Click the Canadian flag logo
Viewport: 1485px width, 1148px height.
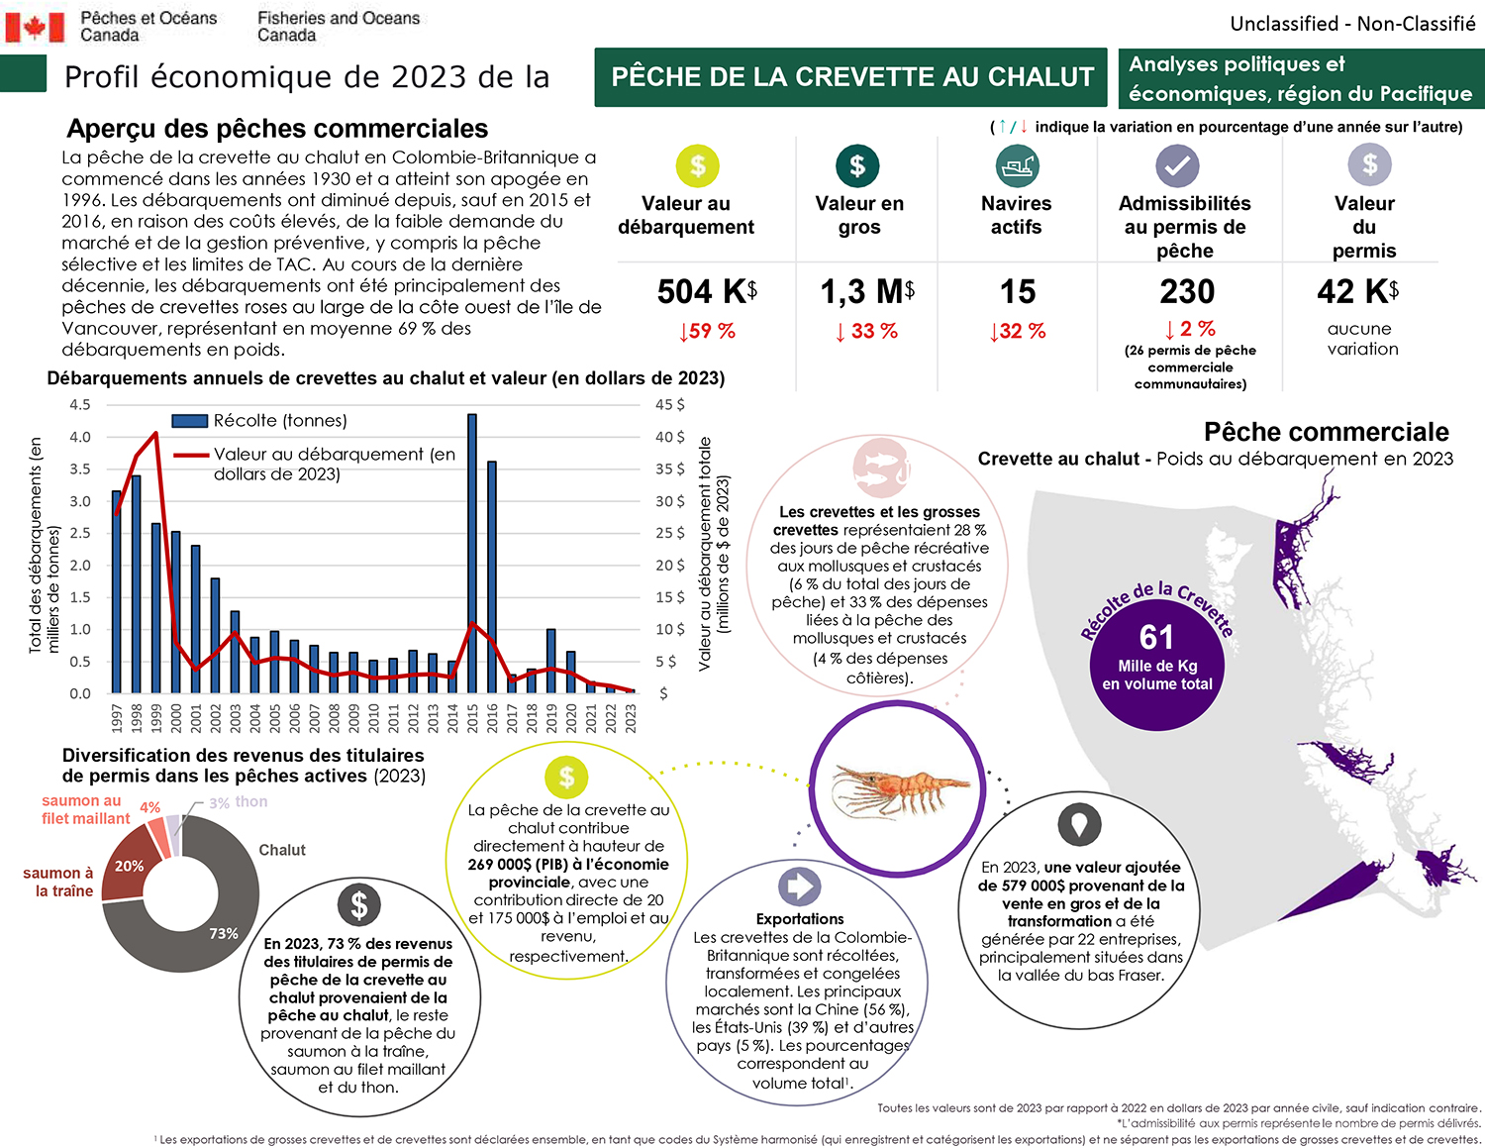point(35,27)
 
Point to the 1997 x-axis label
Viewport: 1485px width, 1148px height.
point(117,718)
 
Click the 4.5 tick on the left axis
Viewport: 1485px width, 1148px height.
point(79,405)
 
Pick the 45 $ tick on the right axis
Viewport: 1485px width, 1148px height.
point(669,405)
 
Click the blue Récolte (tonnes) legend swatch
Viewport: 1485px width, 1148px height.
point(189,421)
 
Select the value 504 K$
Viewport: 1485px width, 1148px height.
point(707,292)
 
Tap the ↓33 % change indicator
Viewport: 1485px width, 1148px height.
point(866,332)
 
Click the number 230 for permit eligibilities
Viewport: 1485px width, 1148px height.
point(1187,292)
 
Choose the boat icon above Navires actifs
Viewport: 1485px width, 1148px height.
point(1017,165)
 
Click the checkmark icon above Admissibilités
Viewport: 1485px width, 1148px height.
point(1177,165)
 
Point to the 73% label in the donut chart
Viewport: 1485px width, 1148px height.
point(224,933)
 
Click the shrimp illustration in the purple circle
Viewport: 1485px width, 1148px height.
point(898,788)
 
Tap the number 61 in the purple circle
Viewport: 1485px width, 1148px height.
point(1156,637)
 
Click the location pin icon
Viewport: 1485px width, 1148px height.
point(1079,823)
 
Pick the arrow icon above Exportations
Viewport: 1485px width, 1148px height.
point(799,886)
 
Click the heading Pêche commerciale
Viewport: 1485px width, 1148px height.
point(1326,432)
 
